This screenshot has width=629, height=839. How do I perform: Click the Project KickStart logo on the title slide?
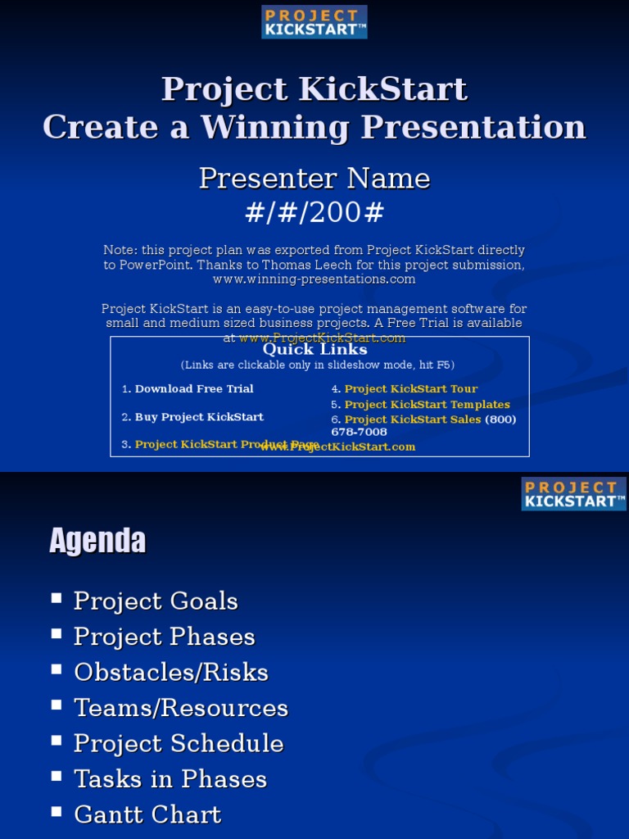(314, 22)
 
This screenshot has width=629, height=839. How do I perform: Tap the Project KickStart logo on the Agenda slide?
(573, 494)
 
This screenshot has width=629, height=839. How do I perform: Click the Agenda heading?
(97, 541)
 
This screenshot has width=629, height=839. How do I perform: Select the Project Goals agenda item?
(156, 601)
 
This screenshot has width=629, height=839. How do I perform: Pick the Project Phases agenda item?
(164, 637)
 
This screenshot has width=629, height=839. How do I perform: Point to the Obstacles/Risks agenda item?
(170, 673)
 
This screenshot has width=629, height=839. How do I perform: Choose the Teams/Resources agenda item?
(181, 708)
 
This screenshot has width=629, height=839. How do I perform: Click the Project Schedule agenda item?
(179, 744)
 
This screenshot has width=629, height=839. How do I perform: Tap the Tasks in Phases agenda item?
(170, 779)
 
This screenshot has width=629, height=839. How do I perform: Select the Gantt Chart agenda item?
(147, 815)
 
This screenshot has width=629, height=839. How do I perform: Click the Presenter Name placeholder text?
(314, 179)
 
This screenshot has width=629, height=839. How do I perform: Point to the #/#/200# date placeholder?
(314, 213)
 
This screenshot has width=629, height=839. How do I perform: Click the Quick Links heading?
(314, 350)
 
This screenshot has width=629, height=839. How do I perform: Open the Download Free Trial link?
(194, 389)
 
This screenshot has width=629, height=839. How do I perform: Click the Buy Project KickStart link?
(199, 417)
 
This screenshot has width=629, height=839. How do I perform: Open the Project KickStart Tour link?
(410, 389)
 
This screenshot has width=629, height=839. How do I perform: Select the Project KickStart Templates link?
(427, 405)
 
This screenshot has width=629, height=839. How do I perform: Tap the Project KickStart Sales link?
(413, 419)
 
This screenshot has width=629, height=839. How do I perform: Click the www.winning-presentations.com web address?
(314, 279)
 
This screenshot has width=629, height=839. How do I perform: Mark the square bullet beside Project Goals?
(57, 598)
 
